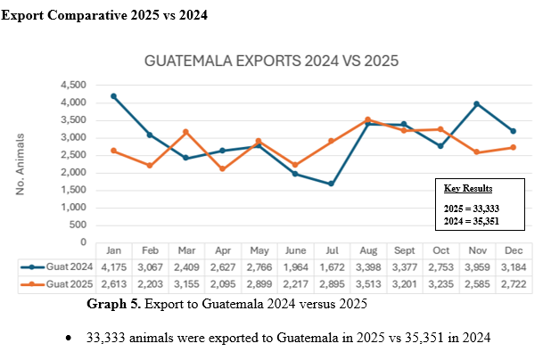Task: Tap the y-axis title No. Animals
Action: pos(21,164)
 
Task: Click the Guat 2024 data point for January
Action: pos(113,96)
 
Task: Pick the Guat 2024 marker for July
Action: pos(330,184)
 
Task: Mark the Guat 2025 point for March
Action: pos(185,132)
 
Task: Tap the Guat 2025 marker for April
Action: pos(221,169)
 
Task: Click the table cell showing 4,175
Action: pos(113,266)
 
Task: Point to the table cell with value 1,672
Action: pos(330,266)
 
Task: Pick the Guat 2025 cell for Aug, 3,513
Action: pos(366,283)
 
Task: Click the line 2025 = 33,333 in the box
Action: pos(471,207)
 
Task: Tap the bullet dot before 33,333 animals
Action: pos(70,340)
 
